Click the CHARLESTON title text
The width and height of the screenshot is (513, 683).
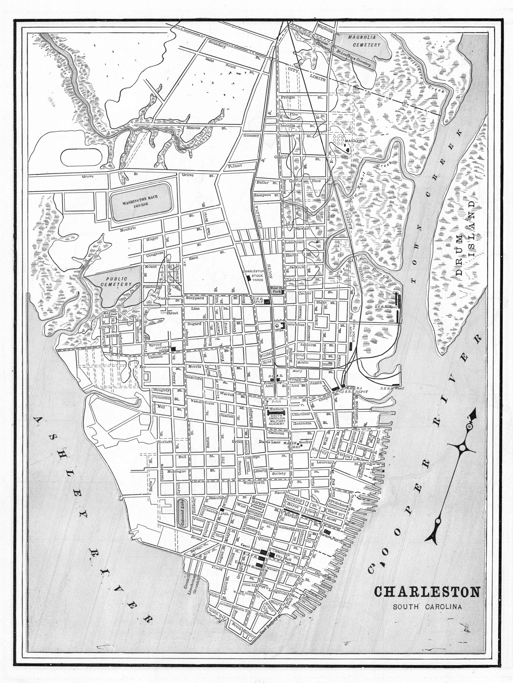pos(427,592)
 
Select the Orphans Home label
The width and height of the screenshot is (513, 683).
pos(163,349)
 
